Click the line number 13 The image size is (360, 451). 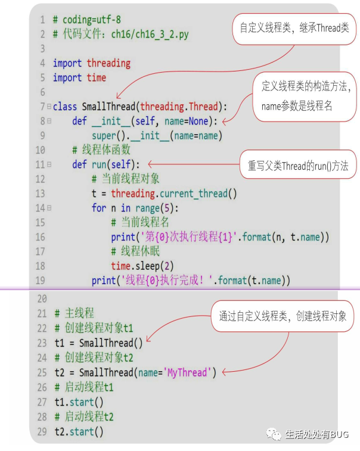tap(40, 193)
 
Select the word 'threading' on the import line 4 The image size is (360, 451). tap(108, 63)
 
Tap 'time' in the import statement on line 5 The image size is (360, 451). tap(96, 77)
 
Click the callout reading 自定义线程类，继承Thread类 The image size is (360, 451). tap(294, 27)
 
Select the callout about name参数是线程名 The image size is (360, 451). tap(306, 96)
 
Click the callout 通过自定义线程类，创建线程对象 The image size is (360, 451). tap(283, 316)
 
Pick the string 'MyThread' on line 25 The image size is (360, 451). tap(187, 372)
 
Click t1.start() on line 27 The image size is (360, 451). tap(79, 402)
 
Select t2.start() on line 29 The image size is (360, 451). tap(79, 431)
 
